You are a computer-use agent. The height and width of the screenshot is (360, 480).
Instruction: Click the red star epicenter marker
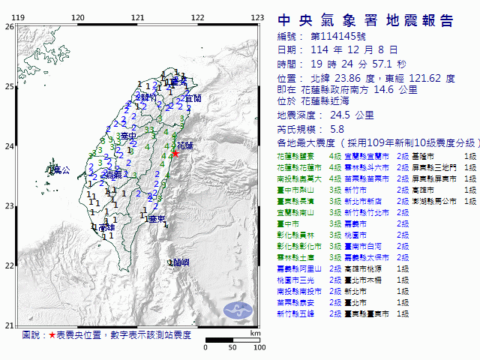coord(175,153)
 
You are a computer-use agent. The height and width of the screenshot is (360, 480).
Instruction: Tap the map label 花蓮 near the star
coord(186,144)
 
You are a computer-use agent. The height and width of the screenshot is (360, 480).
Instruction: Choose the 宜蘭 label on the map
coord(192,98)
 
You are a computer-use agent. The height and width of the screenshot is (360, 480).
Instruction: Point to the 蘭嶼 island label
coord(179,262)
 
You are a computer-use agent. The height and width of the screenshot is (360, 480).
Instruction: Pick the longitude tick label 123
coord(257,17)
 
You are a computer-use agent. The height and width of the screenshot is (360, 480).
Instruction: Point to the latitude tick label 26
coord(9,26)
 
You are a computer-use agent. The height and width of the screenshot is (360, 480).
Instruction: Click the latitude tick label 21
coord(9,325)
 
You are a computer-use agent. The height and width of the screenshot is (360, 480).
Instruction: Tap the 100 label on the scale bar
coord(259,347)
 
